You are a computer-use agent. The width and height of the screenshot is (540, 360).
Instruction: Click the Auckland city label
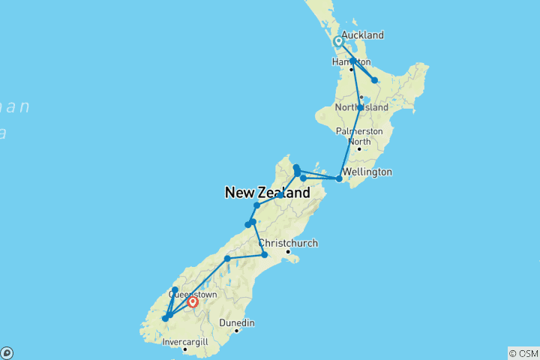[x=362, y=35]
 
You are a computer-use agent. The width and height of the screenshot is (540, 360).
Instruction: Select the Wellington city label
[x=367, y=172]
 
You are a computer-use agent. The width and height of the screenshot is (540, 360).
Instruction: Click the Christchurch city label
[x=289, y=243]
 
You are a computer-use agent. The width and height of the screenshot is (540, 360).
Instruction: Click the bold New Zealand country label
[x=267, y=193]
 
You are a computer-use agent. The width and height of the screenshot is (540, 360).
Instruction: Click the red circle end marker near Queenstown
[x=193, y=302]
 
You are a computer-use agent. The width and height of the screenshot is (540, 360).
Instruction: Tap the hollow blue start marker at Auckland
[x=339, y=43]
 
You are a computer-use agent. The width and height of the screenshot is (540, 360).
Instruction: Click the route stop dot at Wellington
[x=339, y=178]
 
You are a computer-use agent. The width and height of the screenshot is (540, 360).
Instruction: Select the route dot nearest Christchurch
[x=264, y=255]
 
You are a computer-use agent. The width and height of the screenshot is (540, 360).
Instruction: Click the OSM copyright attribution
[x=523, y=352]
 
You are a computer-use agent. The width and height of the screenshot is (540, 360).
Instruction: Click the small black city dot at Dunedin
[x=236, y=331]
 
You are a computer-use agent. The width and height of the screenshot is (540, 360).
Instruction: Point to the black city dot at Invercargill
[x=184, y=349]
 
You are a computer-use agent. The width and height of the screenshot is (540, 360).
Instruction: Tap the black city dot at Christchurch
[x=287, y=251]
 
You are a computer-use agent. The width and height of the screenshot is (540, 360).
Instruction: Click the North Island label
[x=363, y=107]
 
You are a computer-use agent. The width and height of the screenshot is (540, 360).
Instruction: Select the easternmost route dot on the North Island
[x=374, y=80]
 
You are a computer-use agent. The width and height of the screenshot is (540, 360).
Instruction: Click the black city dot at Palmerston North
[x=359, y=148]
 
